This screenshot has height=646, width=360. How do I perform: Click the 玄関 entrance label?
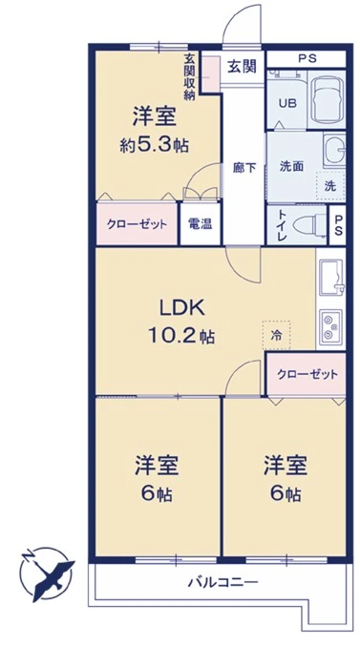click(243, 67)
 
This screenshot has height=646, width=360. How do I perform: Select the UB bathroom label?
click(286, 104)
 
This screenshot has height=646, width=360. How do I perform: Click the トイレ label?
click(283, 227)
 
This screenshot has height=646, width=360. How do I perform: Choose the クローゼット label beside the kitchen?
click(307, 373)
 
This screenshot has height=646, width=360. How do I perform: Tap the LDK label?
click(179, 307)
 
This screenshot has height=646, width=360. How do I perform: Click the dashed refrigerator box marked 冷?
click(276, 336)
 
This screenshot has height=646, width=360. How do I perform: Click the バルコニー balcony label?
click(218, 581)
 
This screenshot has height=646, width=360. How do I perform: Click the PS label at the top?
click(306, 57)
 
